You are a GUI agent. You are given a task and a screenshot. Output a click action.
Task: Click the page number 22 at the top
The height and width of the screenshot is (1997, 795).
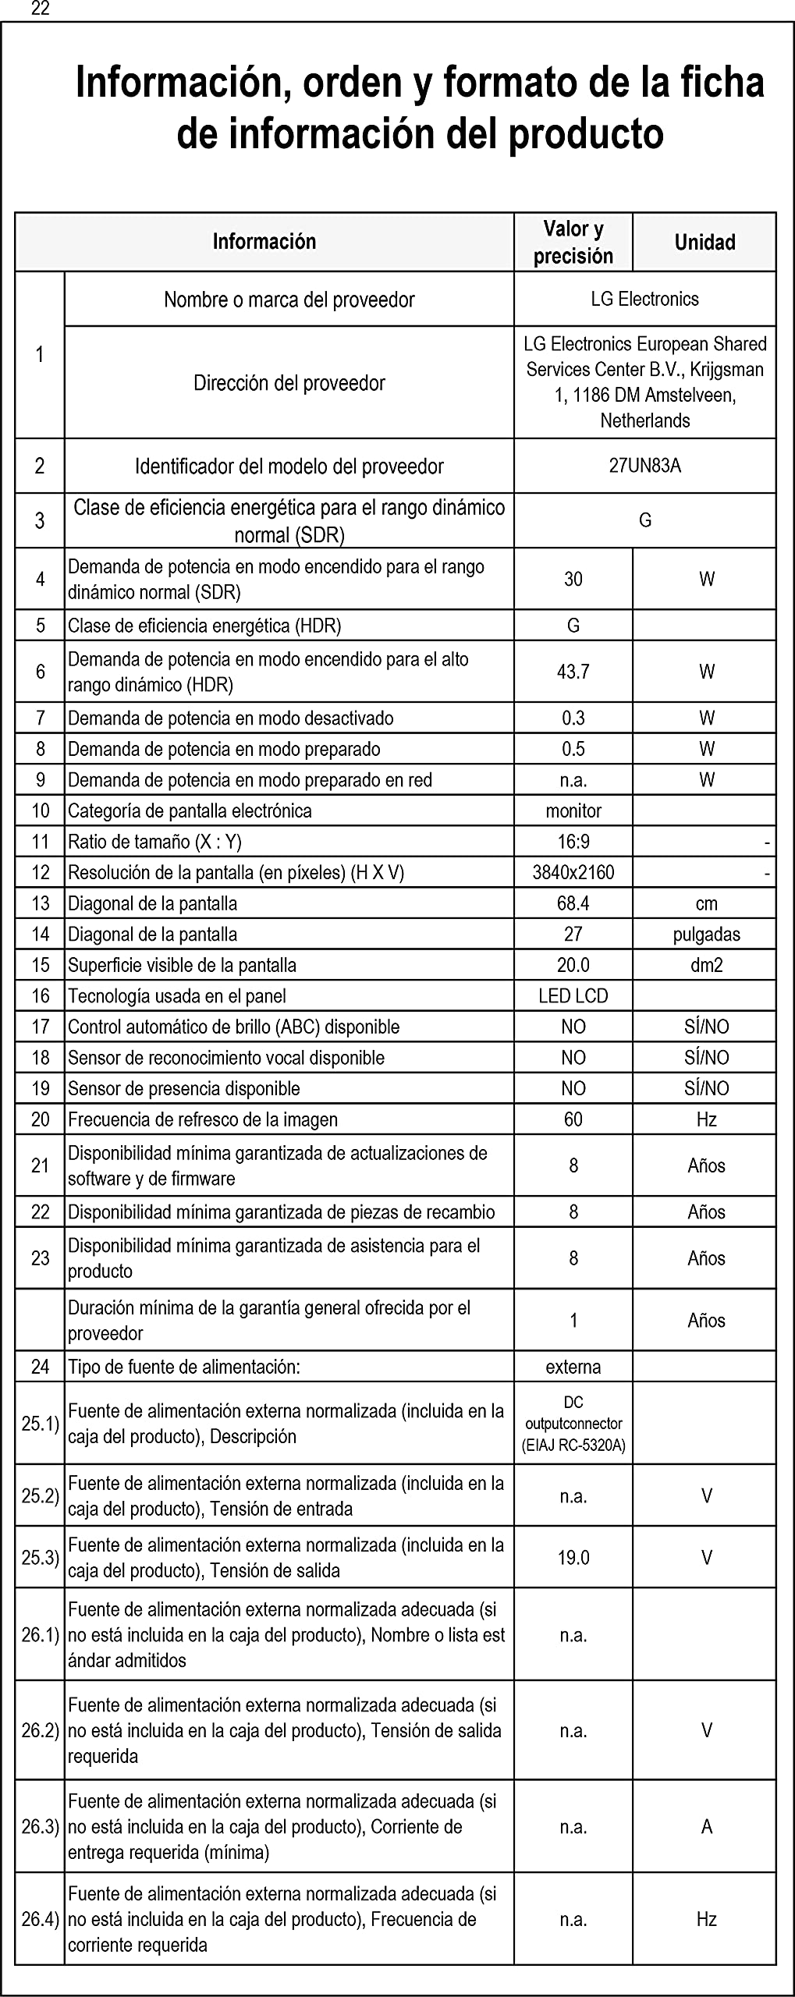[x=41, y=9]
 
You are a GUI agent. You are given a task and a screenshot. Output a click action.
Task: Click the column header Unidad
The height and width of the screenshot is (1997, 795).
[x=704, y=243]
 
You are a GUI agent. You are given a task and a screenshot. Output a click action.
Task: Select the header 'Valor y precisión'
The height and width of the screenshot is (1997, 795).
[x=573, y=242]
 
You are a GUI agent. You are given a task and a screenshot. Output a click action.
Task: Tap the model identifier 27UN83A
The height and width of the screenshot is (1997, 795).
[x=645, y=466]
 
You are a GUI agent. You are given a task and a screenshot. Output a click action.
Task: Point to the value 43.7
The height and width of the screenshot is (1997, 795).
[x=573, y=672]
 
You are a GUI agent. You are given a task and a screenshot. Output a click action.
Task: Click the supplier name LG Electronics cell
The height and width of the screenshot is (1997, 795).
[x=645, y=299]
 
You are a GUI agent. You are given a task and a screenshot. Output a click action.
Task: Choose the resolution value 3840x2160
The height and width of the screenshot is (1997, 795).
[x=573, y=872]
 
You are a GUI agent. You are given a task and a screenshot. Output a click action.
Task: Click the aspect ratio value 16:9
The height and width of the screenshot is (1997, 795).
[x=573, y=841]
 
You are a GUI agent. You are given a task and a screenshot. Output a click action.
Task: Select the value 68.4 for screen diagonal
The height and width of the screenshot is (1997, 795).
[x=573, y=903]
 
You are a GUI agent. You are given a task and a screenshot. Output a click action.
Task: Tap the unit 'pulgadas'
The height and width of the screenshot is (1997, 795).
[x=707, y=934]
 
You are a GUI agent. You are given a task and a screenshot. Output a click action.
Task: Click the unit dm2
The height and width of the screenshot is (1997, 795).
[x=707, y=965]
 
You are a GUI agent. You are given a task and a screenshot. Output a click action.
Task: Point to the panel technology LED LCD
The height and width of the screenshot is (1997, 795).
[x=573, y=996]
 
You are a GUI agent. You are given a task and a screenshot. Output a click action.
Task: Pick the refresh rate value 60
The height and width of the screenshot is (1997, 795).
[x=573, y=1119]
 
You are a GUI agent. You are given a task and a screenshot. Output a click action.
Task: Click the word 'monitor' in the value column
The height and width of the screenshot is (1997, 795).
[x=573, y=811]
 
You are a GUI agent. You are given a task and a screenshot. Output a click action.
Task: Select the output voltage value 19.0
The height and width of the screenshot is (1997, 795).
[x=573, y=1558]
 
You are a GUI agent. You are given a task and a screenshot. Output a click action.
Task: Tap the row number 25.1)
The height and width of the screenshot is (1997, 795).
[x=41, y=1424]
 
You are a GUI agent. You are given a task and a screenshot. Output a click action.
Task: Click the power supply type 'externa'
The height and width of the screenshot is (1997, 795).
[x=573, y=1367]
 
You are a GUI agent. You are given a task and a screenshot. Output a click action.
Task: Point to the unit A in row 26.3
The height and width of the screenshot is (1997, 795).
[x=707, y=1827]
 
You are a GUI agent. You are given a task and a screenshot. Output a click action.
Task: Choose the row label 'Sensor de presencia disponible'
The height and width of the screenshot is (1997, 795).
[x=184, y=1088]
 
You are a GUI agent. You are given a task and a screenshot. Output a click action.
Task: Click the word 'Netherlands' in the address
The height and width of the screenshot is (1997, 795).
[x=645, y=420]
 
